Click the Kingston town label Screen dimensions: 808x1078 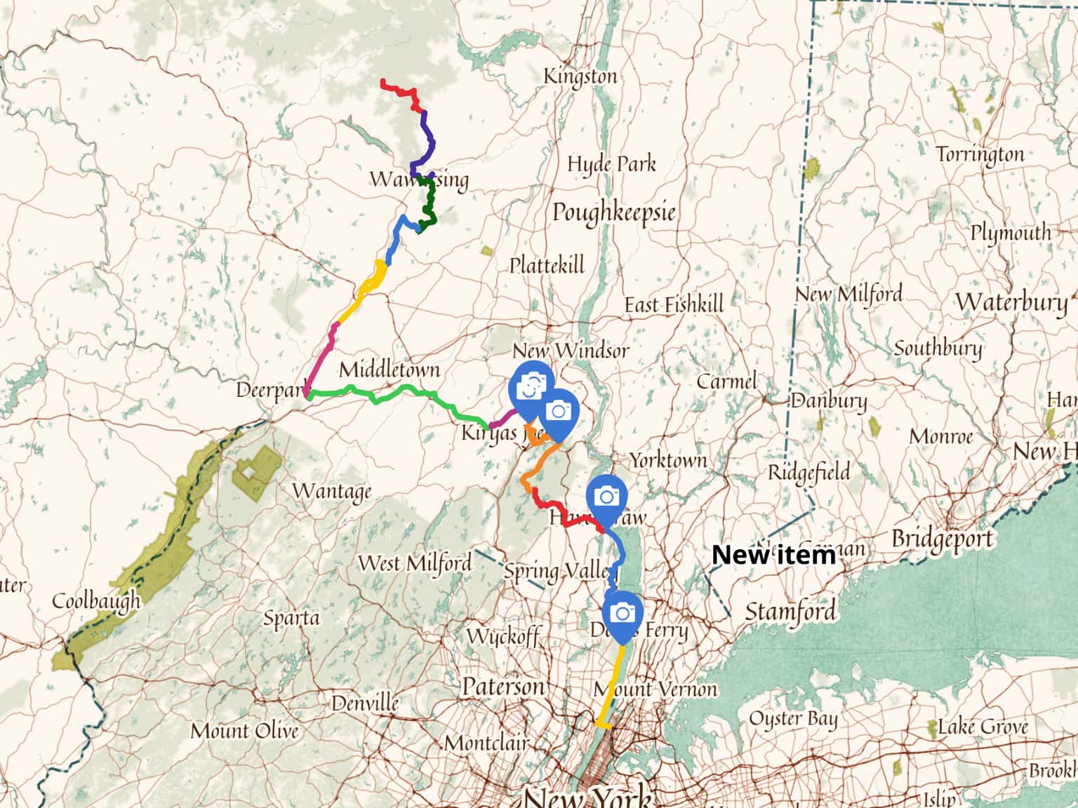pos(580,76)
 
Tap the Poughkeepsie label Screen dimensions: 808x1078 pos(613,212)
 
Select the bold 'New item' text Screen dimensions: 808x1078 pos(773,555)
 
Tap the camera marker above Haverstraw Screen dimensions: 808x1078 pos(606,497)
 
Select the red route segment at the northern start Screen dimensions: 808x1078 pos(400,90)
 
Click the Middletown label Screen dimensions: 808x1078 pos(390,370)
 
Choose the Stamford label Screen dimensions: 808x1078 pos(790,612)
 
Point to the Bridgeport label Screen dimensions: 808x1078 pos(943,539)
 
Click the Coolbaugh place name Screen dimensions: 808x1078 pos(96,601)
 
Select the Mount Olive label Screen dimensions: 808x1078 pos(244,731)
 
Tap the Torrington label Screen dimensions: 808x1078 pos(980,154)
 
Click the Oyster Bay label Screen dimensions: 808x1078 pos(793,719)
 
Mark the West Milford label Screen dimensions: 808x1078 pos(414,563)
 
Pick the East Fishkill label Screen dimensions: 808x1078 pos(674,304)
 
